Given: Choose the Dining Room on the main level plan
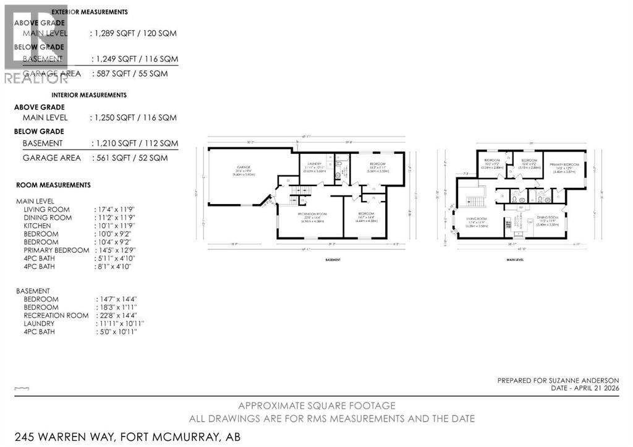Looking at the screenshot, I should click(x=549, y=219).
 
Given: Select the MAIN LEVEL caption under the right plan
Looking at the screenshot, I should click(x=514, y=260).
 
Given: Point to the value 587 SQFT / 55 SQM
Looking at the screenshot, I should click(x=134, y=73).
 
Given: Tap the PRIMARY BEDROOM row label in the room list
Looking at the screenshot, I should click(x=56, y=250).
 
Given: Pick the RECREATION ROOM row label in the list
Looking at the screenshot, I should click(x=56, y=315).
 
